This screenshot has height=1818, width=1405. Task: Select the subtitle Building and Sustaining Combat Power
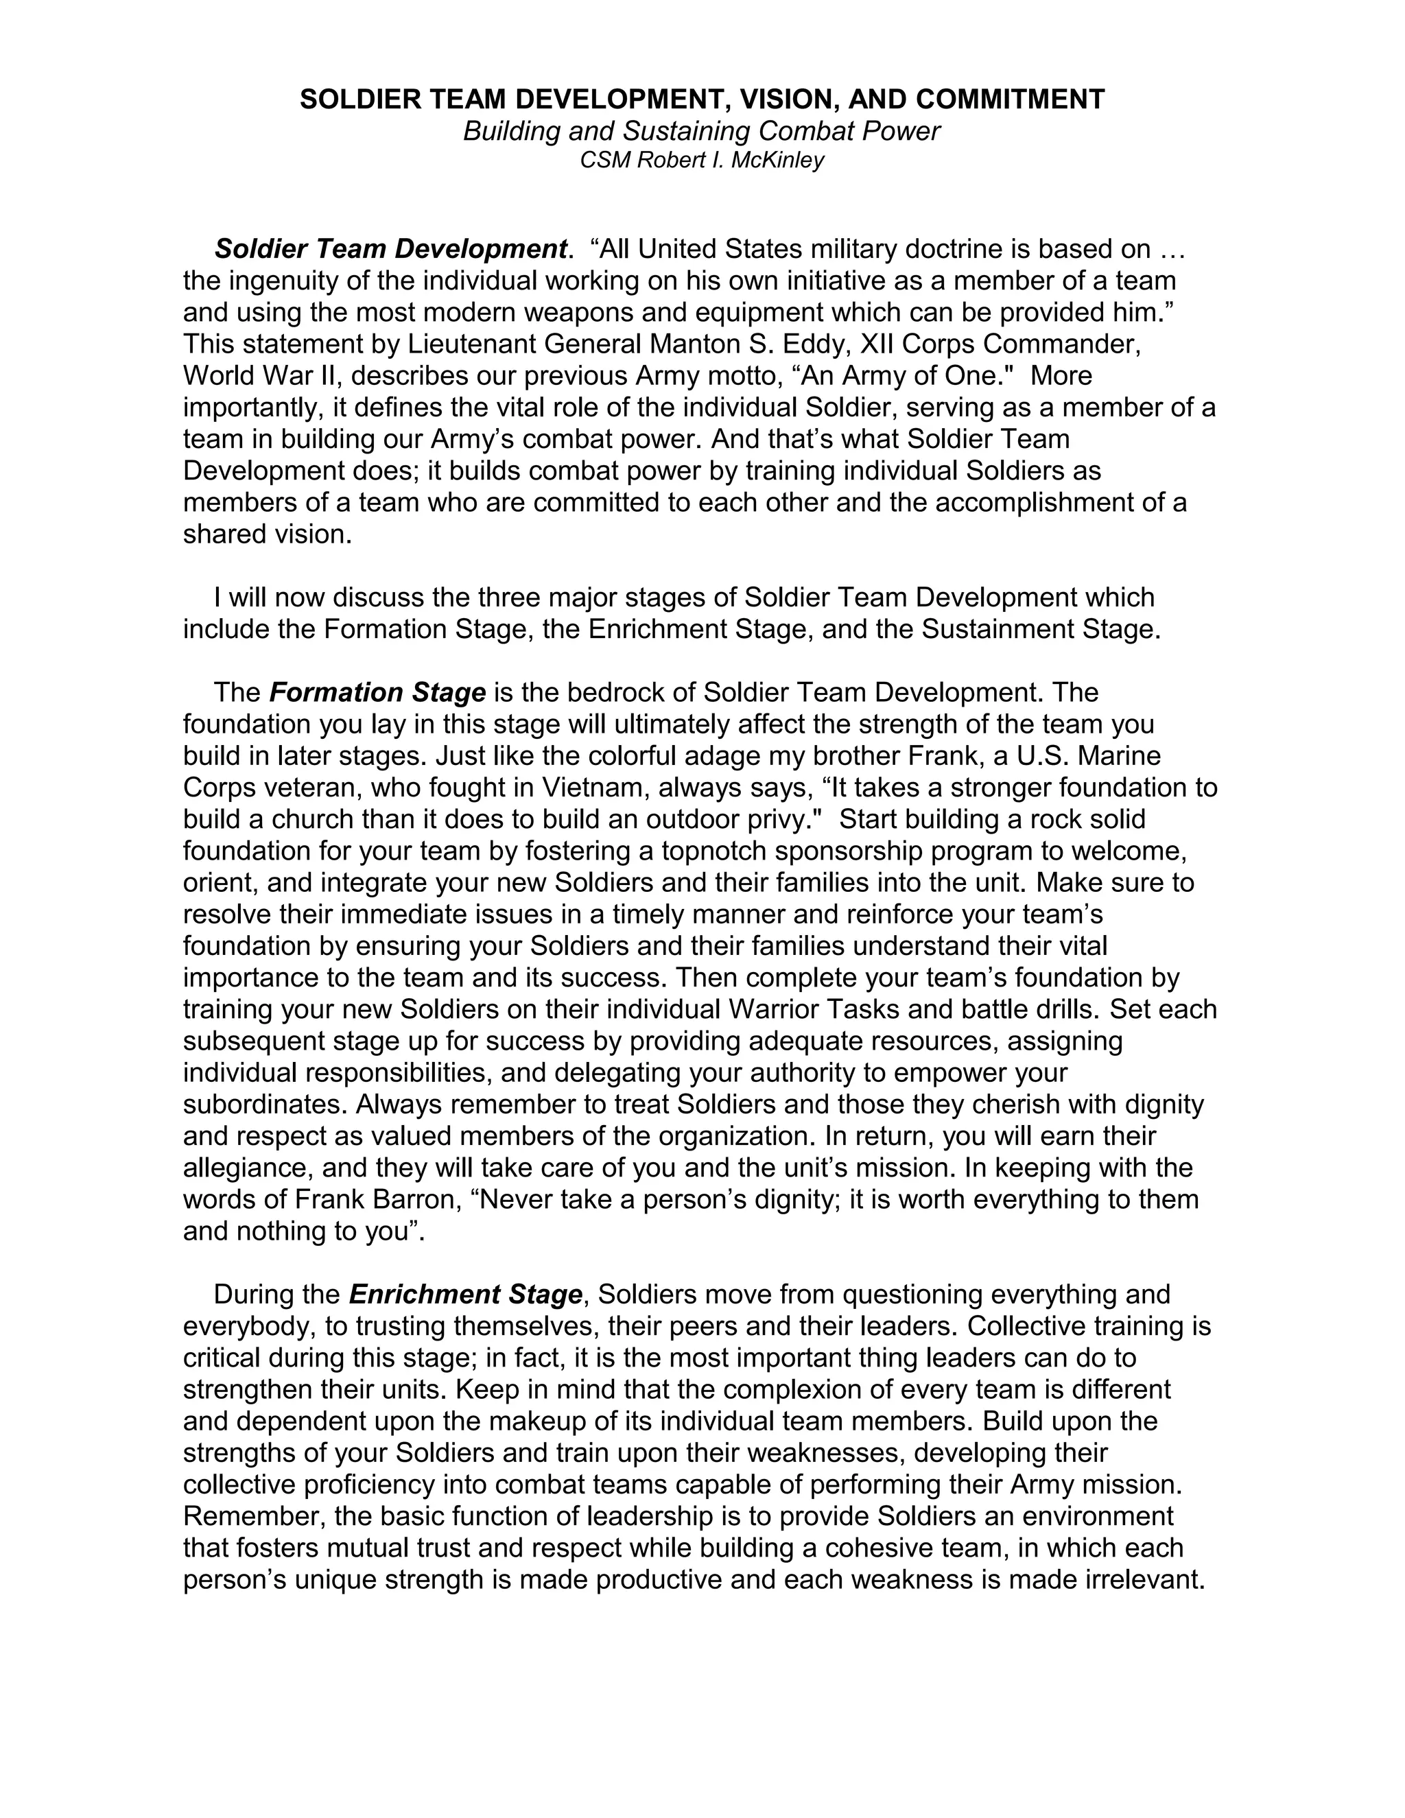702,132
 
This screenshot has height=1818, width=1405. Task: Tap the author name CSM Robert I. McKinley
702,160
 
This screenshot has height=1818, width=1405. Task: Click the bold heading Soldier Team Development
390,249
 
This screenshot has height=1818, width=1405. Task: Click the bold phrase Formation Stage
377,693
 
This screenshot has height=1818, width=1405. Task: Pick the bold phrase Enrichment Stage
465,1295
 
